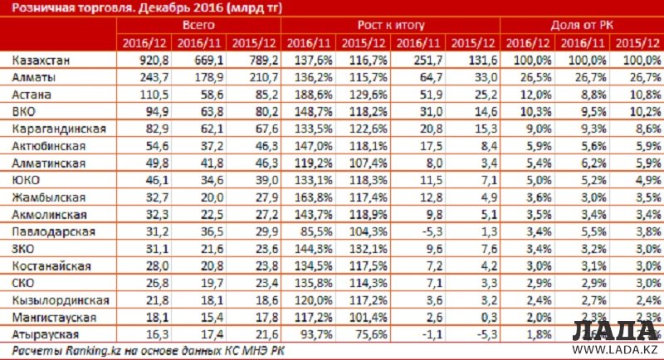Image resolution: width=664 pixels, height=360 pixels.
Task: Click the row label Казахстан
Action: click(x=39, y=61)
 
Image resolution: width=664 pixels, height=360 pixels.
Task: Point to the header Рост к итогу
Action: click(x=391, y=26)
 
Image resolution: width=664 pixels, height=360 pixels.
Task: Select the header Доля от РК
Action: click(x=581, y=26)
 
